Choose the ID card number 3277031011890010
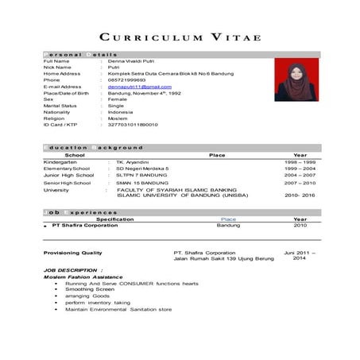pyautogui.click(x=133, y=125)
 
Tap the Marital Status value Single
pyautogui.click(x=116, y=106)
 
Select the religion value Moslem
pyautogui.click(x=118, y=118)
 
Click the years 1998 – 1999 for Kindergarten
pyautogui.click(x=300, y=161)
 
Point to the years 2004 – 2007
pyautogui.click(x=300, y=176)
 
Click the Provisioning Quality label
pyautogui.click(x=72, y=253)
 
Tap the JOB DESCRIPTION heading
pyautogui.click(x=69, y=270)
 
